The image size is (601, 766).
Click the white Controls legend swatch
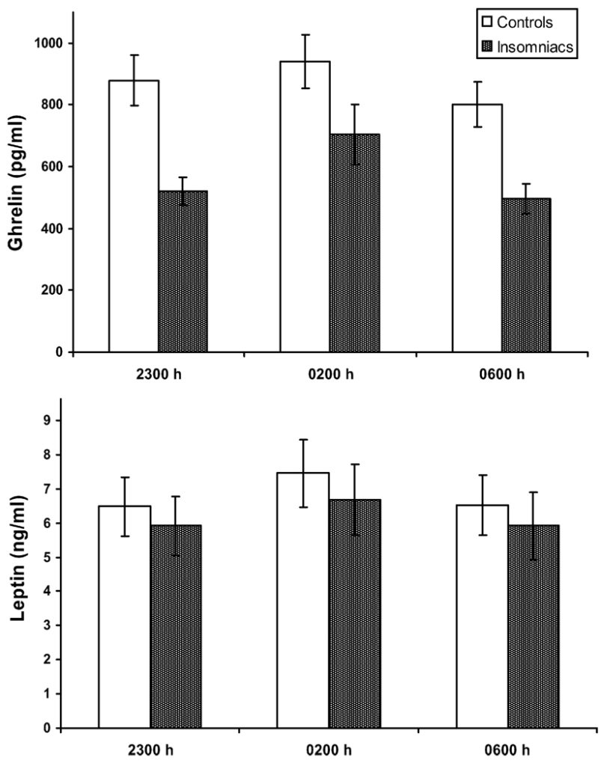(483, 19)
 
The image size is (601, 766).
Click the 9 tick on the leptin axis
(51, 420)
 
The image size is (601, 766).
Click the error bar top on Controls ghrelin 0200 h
(305, 34)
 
